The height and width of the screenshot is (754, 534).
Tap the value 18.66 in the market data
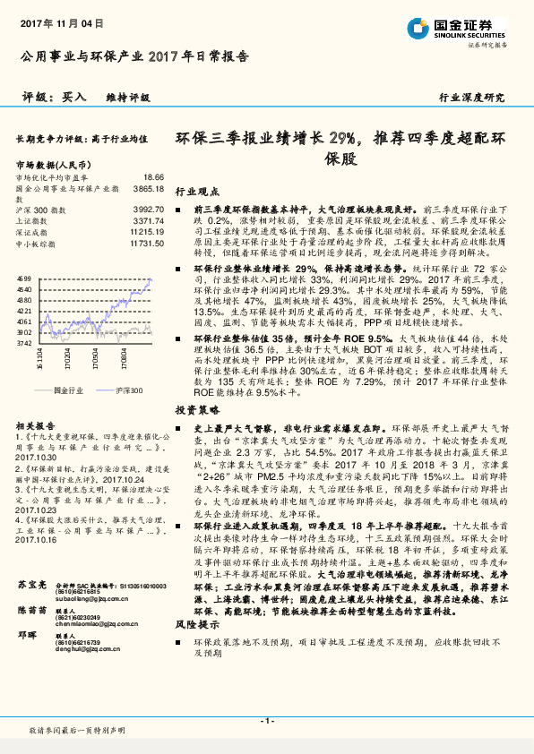click(x=153, y=178)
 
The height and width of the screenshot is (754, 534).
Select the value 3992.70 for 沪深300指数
click(x=148, y=208)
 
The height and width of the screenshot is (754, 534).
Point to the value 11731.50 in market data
click(x=145, y=243)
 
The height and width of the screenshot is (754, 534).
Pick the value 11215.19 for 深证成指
click(x=146, y=231)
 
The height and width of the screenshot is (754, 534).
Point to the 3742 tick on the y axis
click(x=24, y=342)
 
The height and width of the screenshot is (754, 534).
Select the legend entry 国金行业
click(x=66, y=391)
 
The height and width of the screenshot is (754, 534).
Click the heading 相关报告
click(x=37, y=426)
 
